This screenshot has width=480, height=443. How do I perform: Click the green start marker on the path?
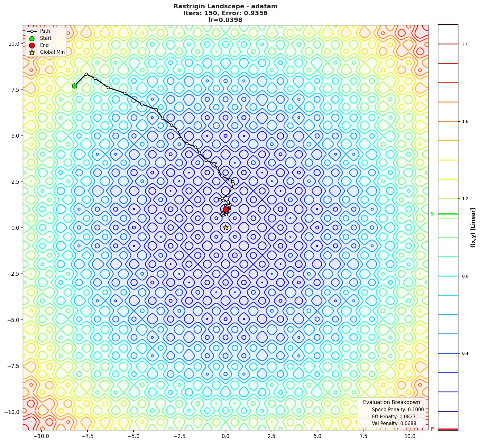74,86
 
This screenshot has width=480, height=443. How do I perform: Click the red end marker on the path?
226,209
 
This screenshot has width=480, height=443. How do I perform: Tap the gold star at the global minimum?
226,228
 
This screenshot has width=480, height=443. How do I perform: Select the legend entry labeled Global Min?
52,52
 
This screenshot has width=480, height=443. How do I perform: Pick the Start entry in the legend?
46,38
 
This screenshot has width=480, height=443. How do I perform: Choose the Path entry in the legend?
45,31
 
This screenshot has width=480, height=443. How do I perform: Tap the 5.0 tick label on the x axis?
318,436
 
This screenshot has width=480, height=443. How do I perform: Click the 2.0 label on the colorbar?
465,44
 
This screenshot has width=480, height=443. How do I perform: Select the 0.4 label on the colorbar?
465,353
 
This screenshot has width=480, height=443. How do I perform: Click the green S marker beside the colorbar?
432,214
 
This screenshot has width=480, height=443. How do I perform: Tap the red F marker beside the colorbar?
432,429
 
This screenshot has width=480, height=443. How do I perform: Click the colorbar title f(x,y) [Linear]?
473,228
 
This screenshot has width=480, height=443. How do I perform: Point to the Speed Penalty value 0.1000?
415,410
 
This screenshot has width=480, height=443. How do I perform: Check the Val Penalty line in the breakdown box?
394,424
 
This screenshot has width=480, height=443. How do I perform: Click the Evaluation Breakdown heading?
391,402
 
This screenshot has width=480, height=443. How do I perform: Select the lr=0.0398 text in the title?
225,20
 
